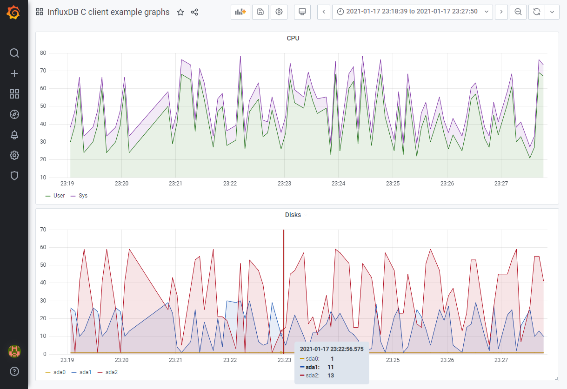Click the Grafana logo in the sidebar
tap(14, 13)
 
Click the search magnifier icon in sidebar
tap(14, 53)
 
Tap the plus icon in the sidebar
tap(14, 73)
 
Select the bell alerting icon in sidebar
tap(14, 135)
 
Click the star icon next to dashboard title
tap(180, 13)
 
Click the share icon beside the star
tap(194, 13)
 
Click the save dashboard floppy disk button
tap(260, 12)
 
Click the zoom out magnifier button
tap(518, 12)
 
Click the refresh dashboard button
tap(536, 12)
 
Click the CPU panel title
tap(293, 38)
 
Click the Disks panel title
tap(293, 215)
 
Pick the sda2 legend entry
tap(111, 372)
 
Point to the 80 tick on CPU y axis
tap(43, 53)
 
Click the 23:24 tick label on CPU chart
tap(339, 184)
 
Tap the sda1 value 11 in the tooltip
tap(331, 367)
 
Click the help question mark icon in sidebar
tap(14, 371)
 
